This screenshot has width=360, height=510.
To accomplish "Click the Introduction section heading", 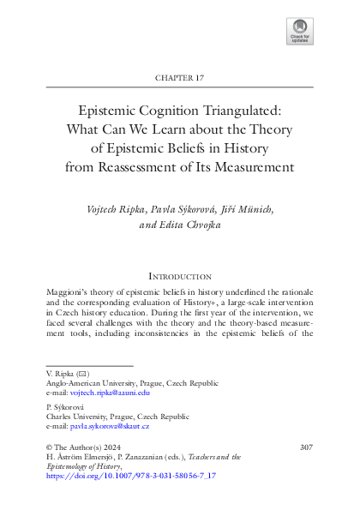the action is [x=179, y=277].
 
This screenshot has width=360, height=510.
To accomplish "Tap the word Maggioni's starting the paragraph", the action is [x=67, y=293].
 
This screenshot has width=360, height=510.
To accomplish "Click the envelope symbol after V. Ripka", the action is [x=81, y=375].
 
